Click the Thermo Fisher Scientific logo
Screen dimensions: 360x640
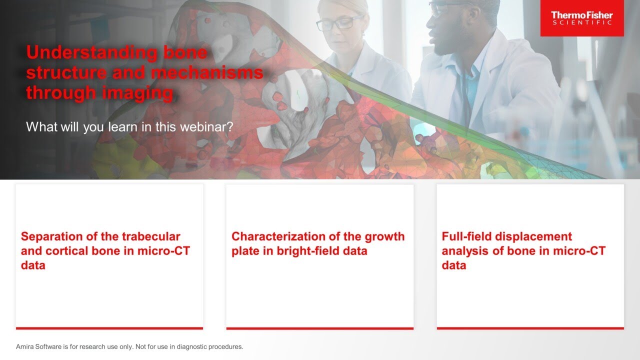581,18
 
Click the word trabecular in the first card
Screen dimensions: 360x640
150,236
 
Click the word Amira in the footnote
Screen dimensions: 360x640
25,346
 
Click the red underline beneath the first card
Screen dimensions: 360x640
109,328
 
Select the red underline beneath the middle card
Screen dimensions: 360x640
319,328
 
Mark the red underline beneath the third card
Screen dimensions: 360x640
530,328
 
